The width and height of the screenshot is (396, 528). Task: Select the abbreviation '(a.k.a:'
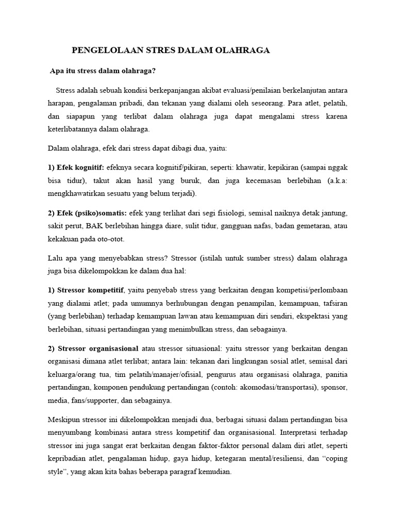334,180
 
